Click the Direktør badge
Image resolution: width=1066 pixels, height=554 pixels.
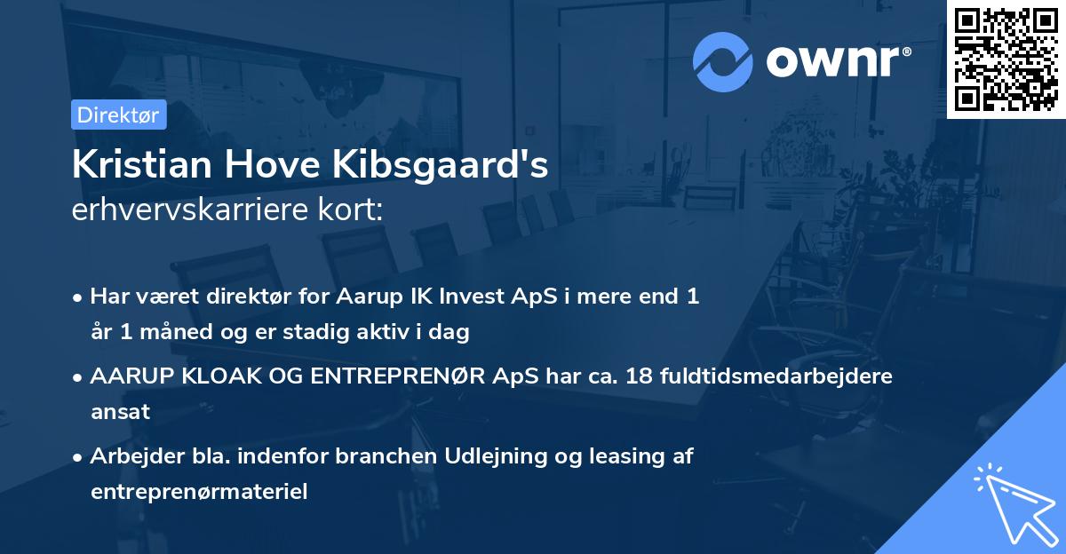[x=118, y=115]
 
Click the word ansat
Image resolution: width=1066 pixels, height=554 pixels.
[x=120, y=412]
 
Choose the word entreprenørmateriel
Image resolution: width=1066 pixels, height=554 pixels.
[x=199, y=492]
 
